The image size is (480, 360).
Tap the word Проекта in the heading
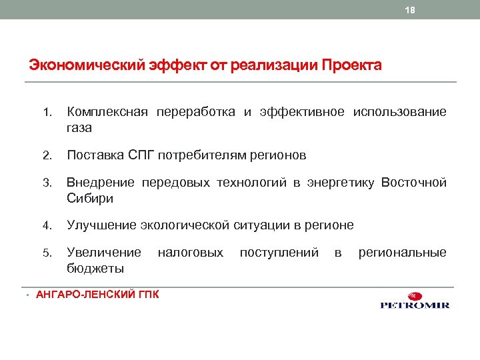click(351, 66)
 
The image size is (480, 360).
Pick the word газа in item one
click(79, 127)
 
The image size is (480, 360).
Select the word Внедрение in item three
click(101, 183)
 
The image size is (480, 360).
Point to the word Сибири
click(90, 198)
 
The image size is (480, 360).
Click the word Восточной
click(413, 183)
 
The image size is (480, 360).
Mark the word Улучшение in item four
click(101, 225)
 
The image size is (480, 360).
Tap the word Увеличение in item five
click(104, 253)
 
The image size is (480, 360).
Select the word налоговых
click(191, 253)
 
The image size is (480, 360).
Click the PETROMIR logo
click(415, 302)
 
